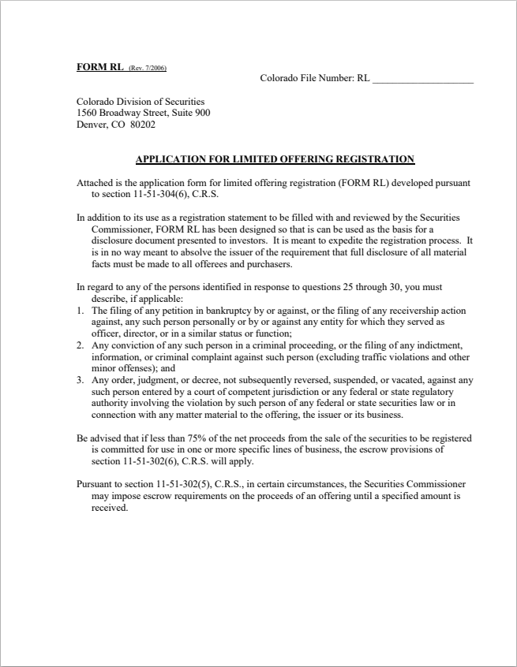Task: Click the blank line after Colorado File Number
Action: coord(422,79)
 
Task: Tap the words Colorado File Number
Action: coord(307,79)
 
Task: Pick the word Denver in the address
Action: coord(90,125)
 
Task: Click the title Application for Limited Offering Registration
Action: coord(275,159)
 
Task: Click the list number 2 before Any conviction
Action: coord(80,345)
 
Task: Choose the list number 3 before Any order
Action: coord(80,380)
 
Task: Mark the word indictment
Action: coord(443,345)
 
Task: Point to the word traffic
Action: coord(362,356)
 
